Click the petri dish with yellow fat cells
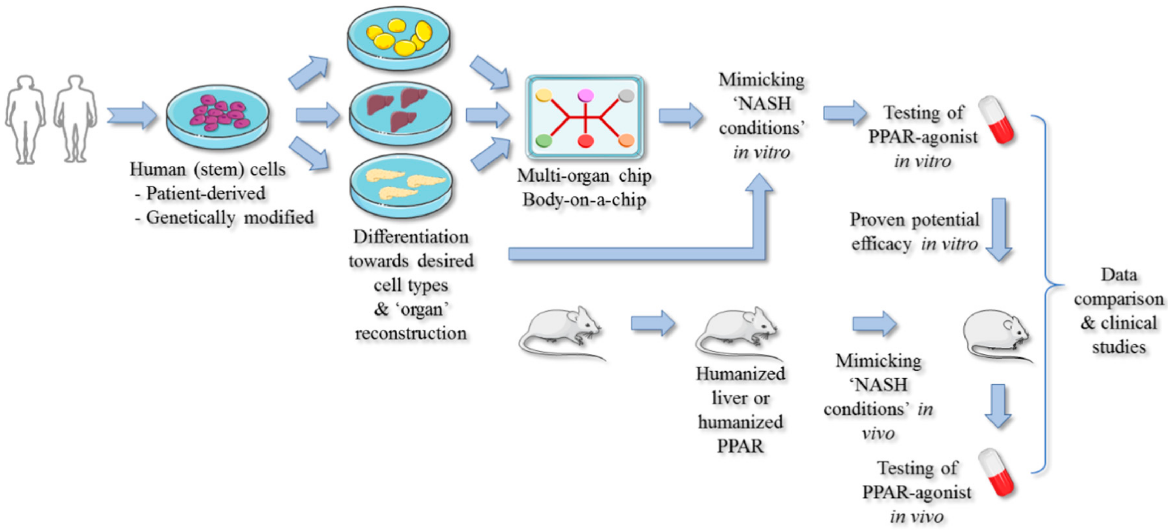399,38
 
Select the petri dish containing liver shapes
400,113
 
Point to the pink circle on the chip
585,95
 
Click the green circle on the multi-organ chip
544,141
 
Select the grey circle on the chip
626,95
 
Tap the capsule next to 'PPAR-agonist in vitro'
996,120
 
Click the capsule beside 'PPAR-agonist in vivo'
996,473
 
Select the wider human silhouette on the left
25,119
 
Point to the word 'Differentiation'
410,237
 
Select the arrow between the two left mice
653,323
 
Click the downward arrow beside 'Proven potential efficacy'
999,229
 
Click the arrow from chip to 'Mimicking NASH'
680,115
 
